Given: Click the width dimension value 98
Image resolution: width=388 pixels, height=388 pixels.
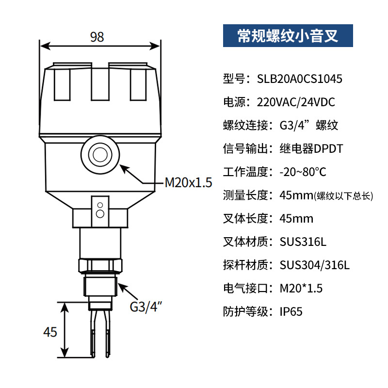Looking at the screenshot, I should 97,37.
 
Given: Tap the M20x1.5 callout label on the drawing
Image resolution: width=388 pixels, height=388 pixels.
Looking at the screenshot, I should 189,183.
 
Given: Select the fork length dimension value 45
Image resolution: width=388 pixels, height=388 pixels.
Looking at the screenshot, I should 50,332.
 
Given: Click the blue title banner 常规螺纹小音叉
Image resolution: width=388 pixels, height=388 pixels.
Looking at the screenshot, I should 288,36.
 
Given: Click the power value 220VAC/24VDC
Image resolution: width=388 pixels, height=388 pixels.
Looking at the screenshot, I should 307,102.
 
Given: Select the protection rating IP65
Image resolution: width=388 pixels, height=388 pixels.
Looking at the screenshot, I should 291,311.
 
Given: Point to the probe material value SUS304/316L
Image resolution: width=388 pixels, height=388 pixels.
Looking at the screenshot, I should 315,265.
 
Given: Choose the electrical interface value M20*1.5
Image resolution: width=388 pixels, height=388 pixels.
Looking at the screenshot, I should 301,288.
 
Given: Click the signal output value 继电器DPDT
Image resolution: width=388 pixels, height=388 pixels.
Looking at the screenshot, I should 311,148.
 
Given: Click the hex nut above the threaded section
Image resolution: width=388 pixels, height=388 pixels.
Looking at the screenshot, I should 99,265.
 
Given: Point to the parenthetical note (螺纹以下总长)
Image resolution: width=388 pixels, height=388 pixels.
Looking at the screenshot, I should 343,196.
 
